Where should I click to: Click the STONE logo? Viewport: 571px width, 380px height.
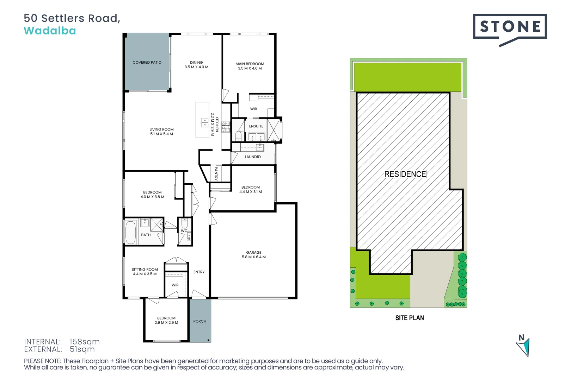click(510, 27)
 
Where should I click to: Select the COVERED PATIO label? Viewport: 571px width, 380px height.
click(147, 63)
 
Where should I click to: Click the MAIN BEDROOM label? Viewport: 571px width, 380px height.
click(250, 64)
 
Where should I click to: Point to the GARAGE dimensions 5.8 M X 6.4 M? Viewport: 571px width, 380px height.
click(254, 257)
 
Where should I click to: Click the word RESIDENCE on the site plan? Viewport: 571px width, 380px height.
click(405, 174)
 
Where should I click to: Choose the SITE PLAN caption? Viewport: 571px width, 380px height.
click(410, 318)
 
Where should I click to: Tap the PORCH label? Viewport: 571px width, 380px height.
click(200, 321)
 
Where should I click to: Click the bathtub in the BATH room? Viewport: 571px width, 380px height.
click(131, 232)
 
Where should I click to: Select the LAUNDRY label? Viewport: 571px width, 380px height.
click(253, 157)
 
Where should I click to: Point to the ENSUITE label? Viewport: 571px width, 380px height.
click(256, 126)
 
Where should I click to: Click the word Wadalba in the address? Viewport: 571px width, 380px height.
click(50, 31)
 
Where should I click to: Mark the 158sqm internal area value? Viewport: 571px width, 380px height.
click(85, 342)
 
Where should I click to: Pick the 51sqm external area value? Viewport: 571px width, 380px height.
click(82, 349)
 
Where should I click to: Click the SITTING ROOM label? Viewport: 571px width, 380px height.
click(145, 270)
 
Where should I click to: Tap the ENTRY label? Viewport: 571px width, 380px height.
click(199, 272)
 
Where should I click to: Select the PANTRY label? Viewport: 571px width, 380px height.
click(216, 173)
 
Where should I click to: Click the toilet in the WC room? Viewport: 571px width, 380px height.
click(184, 223)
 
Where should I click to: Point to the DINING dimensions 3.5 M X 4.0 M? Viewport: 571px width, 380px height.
click(196, 67)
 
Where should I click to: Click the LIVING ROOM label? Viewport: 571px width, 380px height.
click(161, 129)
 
